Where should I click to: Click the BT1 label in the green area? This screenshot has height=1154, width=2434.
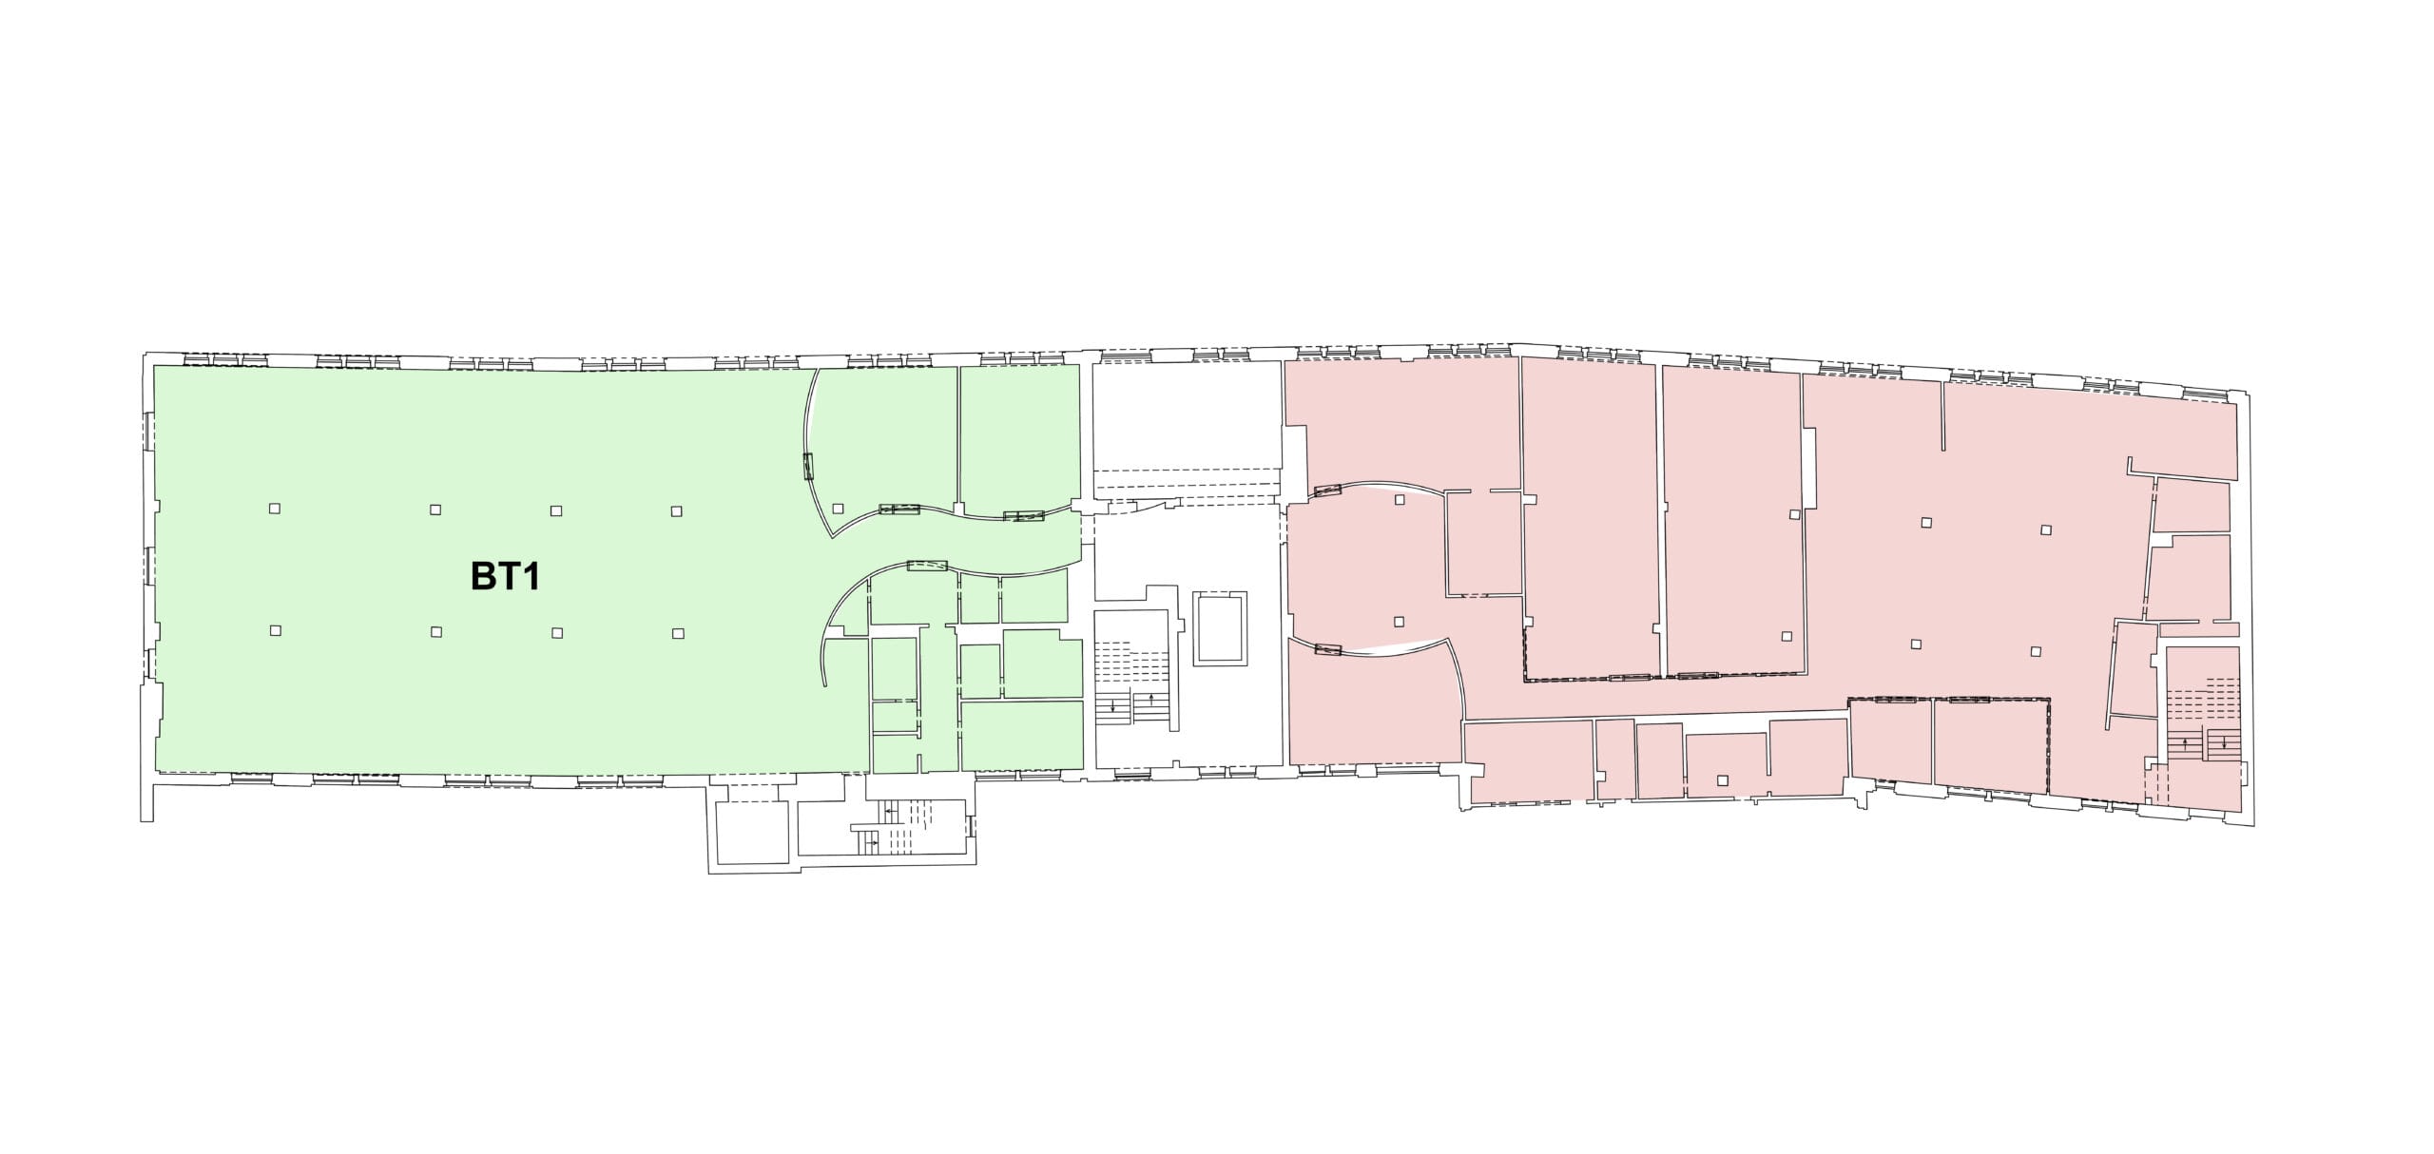(x=506, y=576)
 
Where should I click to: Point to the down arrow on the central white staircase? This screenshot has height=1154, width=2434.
(x=1112, y=706)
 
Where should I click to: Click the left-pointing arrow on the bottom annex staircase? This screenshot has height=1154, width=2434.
(x=888, y=812)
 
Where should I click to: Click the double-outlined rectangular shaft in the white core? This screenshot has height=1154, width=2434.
(x=1220, y=627)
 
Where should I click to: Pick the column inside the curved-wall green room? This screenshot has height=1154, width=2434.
(x=838, y=508)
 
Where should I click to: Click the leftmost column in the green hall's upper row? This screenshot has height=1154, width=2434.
(x=275, y=509)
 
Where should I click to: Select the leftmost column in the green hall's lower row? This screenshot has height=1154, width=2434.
(x=276, y=630)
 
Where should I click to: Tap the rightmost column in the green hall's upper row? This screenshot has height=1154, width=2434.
(x=676, y=511)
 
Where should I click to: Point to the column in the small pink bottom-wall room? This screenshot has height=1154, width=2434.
(x=1722, y=781)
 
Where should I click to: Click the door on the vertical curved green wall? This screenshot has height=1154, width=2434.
(x=809, y=468)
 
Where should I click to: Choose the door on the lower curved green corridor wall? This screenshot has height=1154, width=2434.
(x=927, y=567)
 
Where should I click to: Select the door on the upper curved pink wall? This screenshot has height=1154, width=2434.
(x=1326, y=490)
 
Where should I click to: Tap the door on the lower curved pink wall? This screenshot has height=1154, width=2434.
(x=1326, y=650)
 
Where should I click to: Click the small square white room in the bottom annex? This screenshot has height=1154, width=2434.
(x=751, y=833)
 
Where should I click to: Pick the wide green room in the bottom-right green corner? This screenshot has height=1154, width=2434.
(x=1022, y=736)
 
